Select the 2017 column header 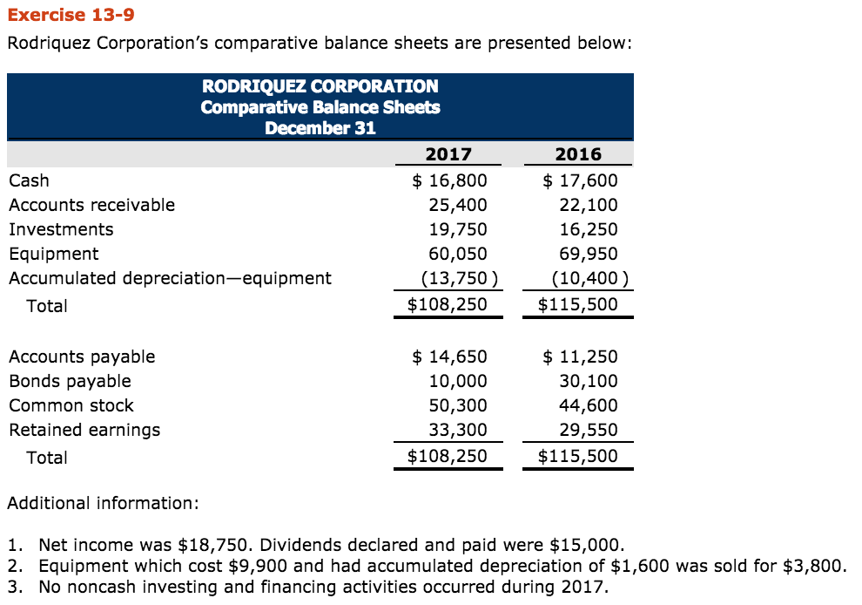click(x=448, y=154)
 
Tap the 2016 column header click(x=578, y=154)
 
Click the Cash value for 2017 click(x=449, y=180)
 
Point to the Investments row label click(x=61, y=229)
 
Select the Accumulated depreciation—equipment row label click(x=170, y=278)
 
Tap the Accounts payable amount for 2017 click(x=449, y=357)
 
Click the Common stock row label click(x=71, y=405)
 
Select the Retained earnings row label click(x=84, y=430)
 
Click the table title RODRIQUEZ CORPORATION click(x=320, y=86)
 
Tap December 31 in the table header click(x=320, y=128)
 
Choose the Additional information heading click(x=103, y=503)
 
